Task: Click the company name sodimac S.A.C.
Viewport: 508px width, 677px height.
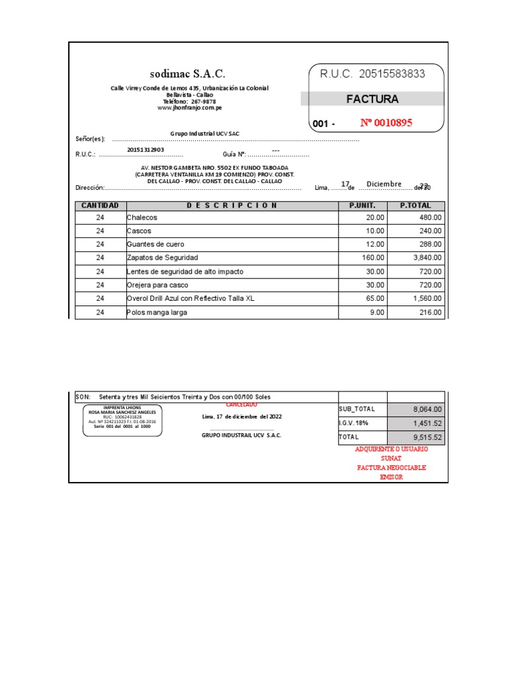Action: (187, 74)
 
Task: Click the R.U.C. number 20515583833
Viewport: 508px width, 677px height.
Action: (372, 74)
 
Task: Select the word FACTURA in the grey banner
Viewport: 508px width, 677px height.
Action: (372, 99)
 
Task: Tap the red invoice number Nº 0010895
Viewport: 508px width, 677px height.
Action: (386, 122)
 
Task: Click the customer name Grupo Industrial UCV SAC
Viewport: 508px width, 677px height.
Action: (204, 134)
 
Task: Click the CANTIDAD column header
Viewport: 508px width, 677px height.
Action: (100, 206)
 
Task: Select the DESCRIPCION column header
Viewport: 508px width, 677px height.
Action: (232, 206)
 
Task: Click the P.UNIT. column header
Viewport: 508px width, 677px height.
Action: (362, 206)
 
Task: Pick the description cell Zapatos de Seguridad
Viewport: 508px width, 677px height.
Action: (162, 257)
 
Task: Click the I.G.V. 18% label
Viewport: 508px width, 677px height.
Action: (355, 423)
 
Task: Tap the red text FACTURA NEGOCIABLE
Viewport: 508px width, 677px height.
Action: (391, 467)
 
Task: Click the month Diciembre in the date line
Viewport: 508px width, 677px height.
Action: (384, 184)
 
